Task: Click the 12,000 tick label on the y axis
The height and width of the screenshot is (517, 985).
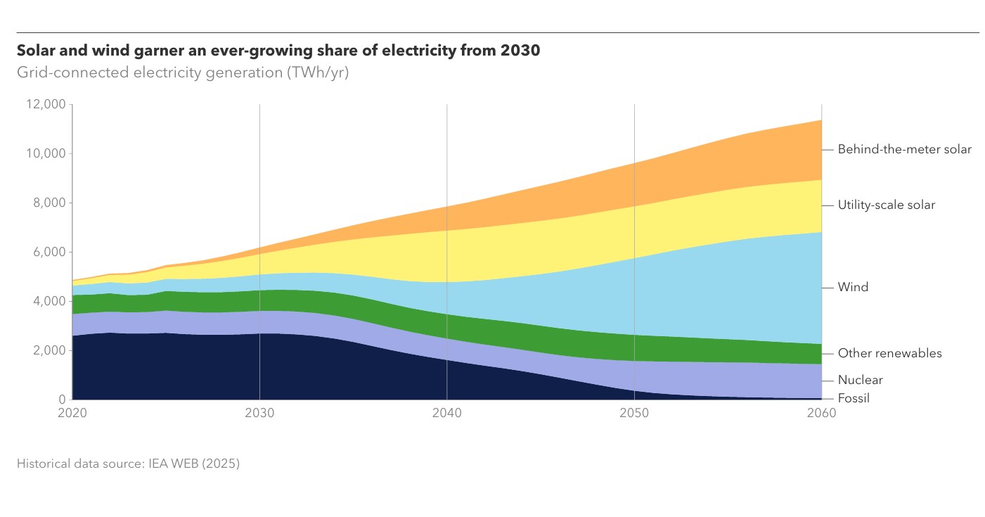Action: point(46,104)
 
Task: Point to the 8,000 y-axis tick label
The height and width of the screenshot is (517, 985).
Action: point(49,203)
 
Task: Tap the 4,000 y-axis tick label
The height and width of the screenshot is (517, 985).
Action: point(49,301)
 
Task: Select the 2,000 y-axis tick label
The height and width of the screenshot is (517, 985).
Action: point(49,351)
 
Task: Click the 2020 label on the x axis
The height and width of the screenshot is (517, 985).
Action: point(72,413)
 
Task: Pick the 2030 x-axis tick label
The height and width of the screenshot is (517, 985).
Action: point(259,413)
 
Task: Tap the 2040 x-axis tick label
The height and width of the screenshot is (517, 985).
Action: point(446,413)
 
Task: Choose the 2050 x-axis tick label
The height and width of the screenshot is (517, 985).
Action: point(634,413)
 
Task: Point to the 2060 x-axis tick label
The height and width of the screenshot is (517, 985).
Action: point(821,413)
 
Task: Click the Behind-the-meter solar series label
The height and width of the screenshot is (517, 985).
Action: point(905,150)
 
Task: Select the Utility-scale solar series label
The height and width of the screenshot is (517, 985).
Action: point(887,205)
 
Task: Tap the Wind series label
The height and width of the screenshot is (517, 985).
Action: point(853,287)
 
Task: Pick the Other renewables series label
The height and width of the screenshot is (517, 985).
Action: point(889,353)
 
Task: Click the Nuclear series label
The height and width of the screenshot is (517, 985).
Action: point(860,380)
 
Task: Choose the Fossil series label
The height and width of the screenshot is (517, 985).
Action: point(854,399)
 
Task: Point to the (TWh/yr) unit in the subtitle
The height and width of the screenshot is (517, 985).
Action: point(318,72)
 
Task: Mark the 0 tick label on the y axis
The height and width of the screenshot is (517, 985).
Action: point(62,400)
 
